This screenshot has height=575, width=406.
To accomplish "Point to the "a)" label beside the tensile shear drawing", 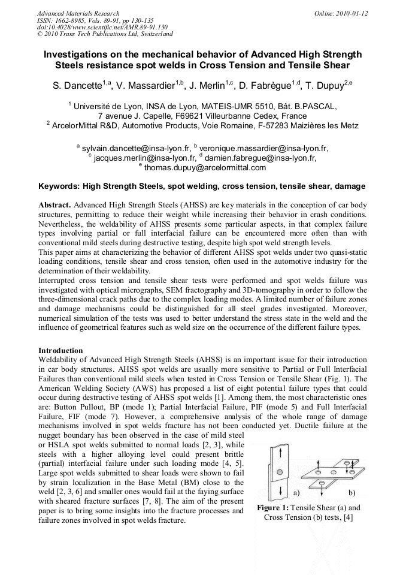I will tap(296, 493).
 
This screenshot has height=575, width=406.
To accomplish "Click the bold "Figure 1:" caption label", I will tap(272, 507).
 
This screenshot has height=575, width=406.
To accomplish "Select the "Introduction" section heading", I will tap(61, 350).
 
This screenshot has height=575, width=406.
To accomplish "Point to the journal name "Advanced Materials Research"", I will tap(78, 13).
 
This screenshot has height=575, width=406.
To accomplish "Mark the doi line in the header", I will tap(102, 27).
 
